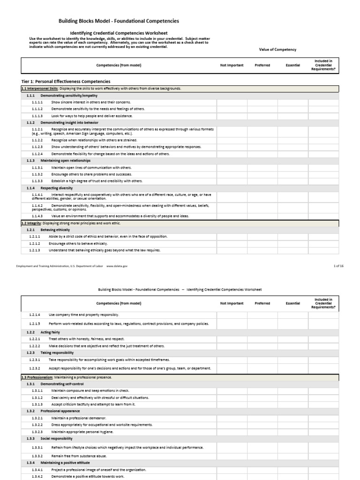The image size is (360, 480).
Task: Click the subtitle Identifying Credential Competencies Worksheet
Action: (122, 33)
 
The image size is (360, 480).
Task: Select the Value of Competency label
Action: (277, 49)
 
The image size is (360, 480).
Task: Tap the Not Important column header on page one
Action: (232, 65)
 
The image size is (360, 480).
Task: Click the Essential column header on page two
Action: (293, 303)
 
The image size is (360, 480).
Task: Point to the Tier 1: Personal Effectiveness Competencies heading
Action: (66, 81)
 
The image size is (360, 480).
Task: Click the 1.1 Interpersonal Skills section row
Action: (101, 88)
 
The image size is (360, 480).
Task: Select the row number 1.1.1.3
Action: (37, 115)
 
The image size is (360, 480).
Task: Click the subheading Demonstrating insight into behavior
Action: (69, 122)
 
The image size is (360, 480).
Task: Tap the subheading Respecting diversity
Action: (57, 188)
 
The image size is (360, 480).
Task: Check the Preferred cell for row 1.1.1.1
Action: (262, 102)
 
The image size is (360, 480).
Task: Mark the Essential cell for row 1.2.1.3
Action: (293, 250)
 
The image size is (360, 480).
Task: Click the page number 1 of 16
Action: (338, 266)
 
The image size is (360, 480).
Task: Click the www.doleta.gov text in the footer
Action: (117, 266)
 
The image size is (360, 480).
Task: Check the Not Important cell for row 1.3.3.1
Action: (232, 447)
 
